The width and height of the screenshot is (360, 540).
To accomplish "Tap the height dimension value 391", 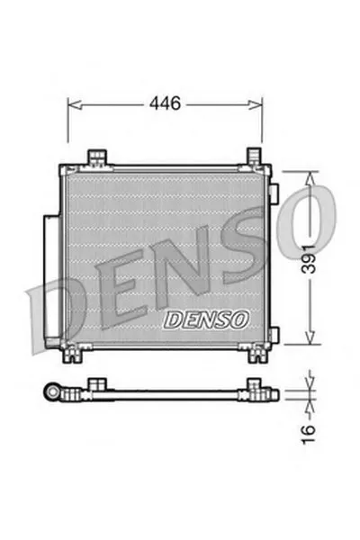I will [310, 258].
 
